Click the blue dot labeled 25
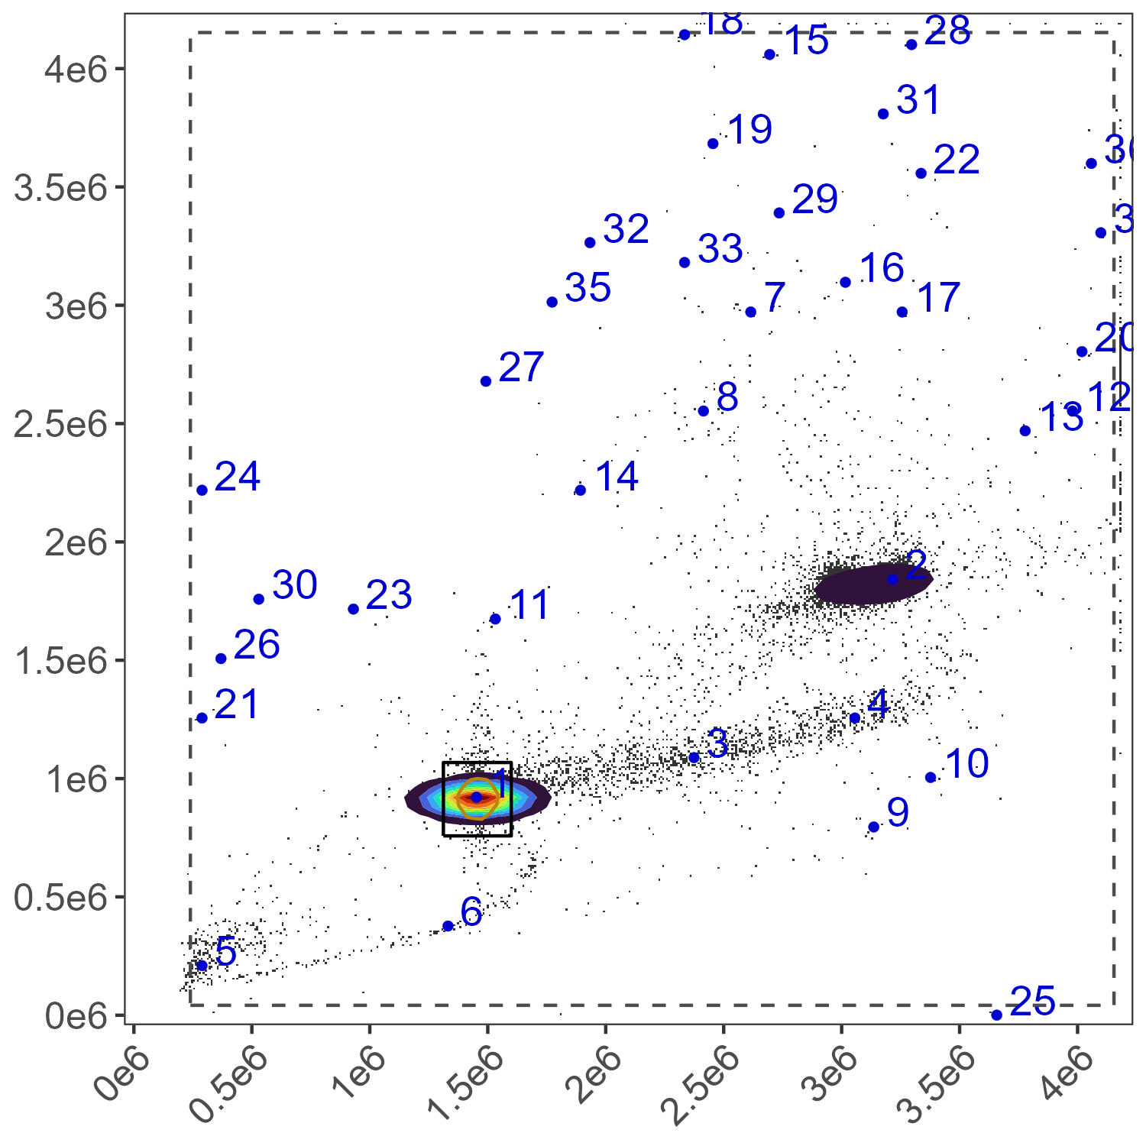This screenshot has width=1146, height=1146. click(x=996, y=1015)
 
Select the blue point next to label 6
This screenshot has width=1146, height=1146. click(x=448, y=926)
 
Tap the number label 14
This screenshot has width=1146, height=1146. click(x=617, y=477)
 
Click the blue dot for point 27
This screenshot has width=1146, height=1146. click(x=486, y=381)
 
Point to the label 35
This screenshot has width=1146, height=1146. click(x=588, y=288)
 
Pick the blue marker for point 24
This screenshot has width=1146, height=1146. click(x=202, y=490)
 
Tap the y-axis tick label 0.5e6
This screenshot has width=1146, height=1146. click(x=61, y=898)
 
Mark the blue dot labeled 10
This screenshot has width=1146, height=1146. click(x=931, y=777)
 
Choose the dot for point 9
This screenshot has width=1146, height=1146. click(x=874, y=827)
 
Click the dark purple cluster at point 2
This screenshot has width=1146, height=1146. click(x=871, y=585)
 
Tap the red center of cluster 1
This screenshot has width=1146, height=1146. click(x=475, y=797)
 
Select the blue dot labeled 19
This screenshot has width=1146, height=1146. click(x=713, y=144)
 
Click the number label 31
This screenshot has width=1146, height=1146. click(x=918, y=100)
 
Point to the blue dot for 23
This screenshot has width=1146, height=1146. click(x=354, y=609)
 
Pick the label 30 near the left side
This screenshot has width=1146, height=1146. click(x=294, y=585)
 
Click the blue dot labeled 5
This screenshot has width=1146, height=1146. click(x=202, y=965)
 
